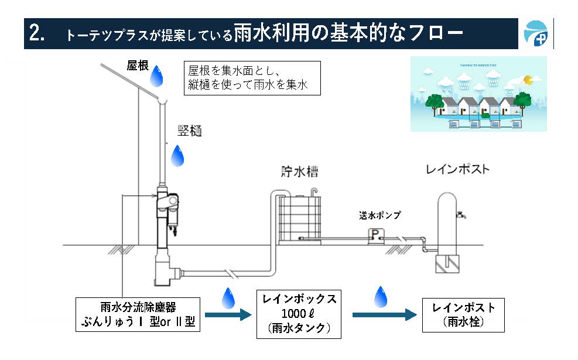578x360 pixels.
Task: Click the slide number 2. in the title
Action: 37,33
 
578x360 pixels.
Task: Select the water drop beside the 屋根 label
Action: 156,76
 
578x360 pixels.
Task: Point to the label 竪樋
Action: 190,131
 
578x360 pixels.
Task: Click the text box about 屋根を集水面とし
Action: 252,78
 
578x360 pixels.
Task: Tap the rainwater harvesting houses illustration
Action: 478,94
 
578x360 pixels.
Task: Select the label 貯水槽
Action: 299,172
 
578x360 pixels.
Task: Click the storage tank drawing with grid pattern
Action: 300,218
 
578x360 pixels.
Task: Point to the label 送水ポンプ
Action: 380,215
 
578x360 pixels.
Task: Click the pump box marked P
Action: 374,235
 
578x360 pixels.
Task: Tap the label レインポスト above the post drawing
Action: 457,170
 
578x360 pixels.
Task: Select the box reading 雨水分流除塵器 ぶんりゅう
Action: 138,314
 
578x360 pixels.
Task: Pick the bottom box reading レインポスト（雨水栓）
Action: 464,314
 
